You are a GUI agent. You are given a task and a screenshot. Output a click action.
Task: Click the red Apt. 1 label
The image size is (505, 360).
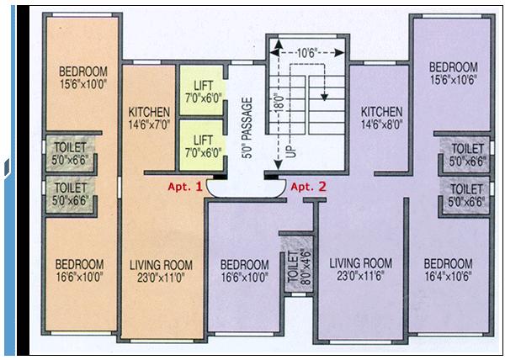(185, 187)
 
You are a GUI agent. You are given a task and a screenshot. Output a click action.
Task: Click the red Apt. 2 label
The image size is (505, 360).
(309, 187)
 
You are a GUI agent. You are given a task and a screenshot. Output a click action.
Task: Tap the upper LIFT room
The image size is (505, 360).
(201, 90)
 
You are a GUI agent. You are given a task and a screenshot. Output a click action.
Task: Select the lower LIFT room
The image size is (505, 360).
(201, 146)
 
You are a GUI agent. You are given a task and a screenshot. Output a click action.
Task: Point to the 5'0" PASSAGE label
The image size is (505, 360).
(247, 128)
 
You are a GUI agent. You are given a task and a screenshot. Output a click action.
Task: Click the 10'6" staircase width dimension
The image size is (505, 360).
(307, 53)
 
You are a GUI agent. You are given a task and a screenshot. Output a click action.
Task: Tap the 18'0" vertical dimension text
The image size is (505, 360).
(279, 103)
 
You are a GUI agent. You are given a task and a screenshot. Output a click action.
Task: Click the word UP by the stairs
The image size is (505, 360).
(290, 151)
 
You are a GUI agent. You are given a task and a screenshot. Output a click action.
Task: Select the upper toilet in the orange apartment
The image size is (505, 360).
(70, 154)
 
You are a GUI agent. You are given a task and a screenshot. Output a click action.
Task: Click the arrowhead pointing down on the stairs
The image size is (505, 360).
(324, 97)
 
